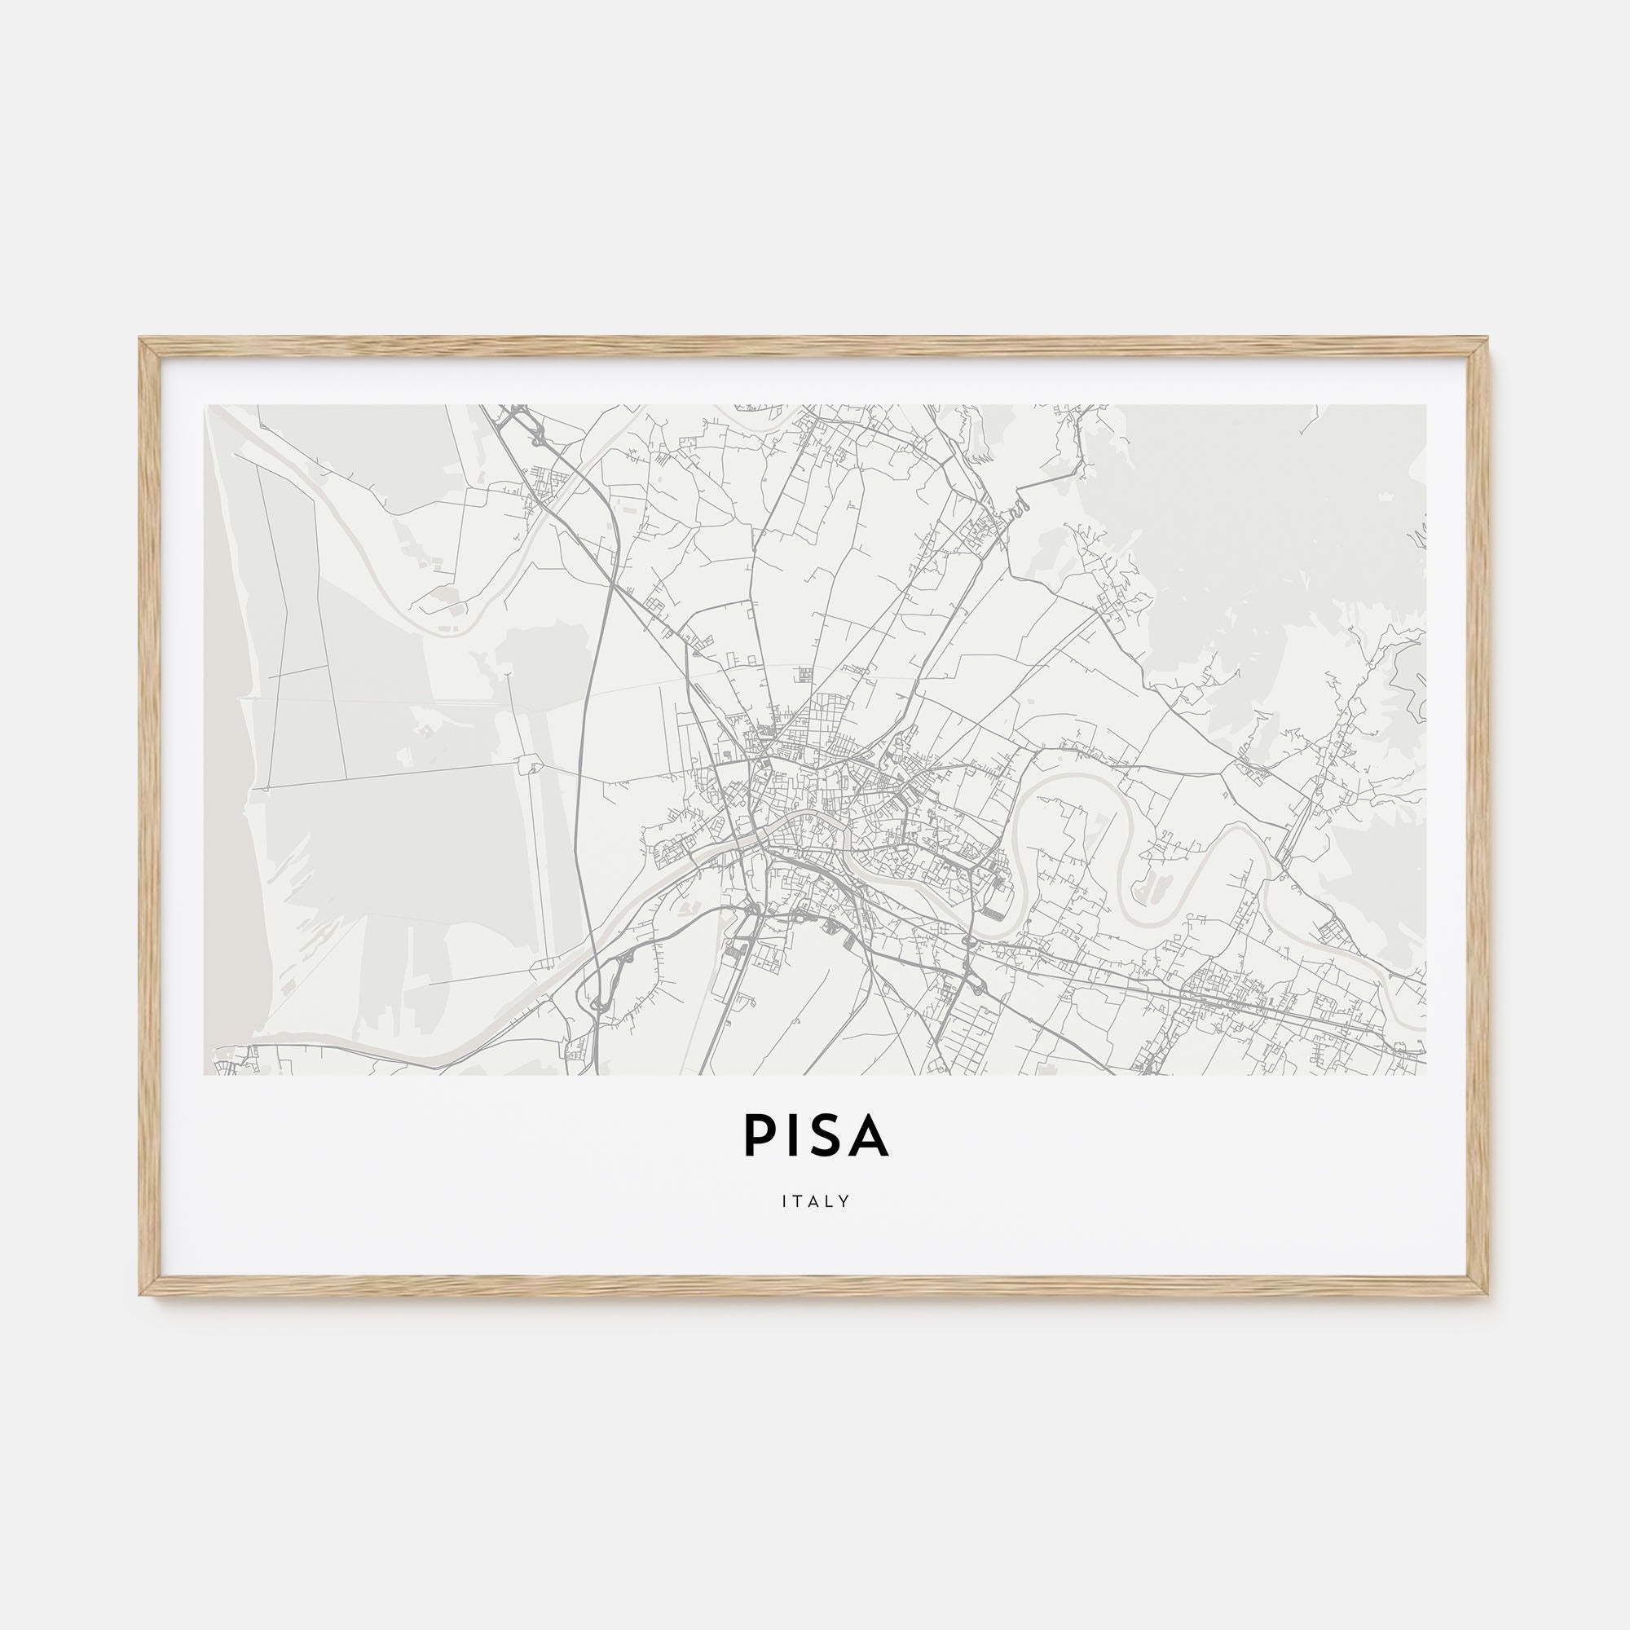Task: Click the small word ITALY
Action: (x=815, y=1201)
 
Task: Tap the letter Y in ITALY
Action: (x=844, y=1201)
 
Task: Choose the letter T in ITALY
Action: (x=798, y=1201)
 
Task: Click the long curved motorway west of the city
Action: (x=582, y=760)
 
